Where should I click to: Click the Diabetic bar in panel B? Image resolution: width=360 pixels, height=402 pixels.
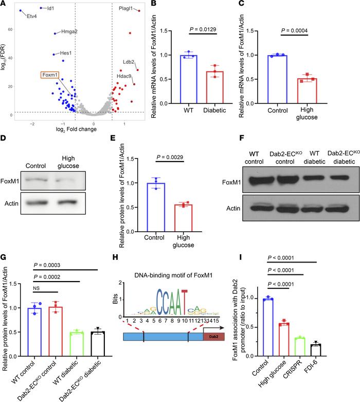[x=207, y=88]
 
